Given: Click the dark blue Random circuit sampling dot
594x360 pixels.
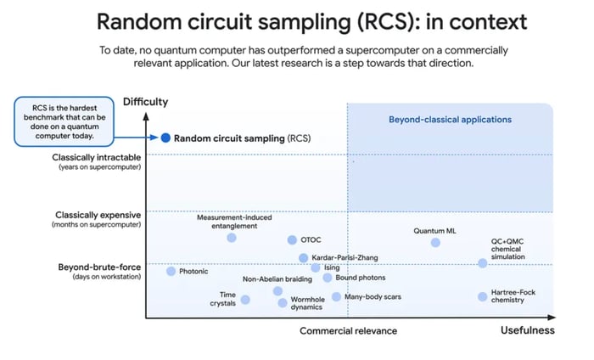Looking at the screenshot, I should pyautogui.click(x=166, y=138).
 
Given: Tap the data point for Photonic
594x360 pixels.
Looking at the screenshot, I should pyautogui.click(x=171, y=272).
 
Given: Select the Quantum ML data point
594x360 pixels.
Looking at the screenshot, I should pyautogui.click(x=435, y=243).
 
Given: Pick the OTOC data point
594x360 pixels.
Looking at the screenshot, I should pyautogui.click(x=292, y=240).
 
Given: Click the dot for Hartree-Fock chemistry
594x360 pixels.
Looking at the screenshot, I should pyautogui.click(x=482, y=296).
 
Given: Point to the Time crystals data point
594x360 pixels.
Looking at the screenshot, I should pyautogui.click(x=245, y=299).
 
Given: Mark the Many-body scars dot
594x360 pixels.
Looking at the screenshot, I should pyautogui.click(x=336, y=296).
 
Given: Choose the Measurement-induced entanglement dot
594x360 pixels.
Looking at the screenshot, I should pyautogui.click(x=232, y=238).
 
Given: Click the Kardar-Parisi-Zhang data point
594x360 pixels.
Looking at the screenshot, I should pyautogui.click(x=303, y=258).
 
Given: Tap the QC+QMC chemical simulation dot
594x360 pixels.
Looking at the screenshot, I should pyautogui.click(x=482, y=263).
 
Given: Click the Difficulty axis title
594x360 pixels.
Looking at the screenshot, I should pyautogui.click(x=146, y=102).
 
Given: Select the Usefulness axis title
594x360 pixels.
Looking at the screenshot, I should pyautogui.click(x=527, y=330).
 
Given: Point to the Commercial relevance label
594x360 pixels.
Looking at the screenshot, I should pyautogui.click(x=348, y=331).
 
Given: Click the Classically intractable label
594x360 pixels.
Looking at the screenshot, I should pyautogui.click(x=97, y=158).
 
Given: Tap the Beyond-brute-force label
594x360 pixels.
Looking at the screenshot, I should pyautogui.click(x=98, y=267).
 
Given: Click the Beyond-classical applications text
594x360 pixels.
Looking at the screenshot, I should pyautogui.click(x=450, y=120).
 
